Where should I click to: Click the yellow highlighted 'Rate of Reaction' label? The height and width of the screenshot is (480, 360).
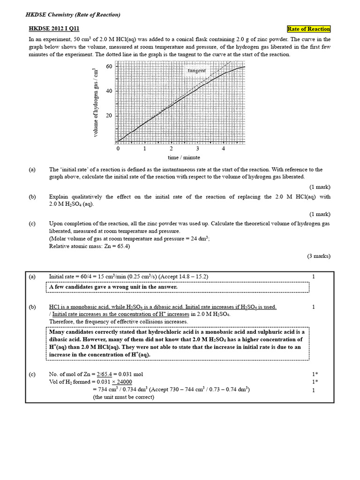click(x=308, y=29)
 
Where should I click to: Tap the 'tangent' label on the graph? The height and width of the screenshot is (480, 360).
click(x=196, y=71)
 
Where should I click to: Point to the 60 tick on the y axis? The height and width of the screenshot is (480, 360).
click(x=109, y=67)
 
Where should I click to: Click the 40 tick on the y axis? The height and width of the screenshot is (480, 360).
click(x=109, y=91)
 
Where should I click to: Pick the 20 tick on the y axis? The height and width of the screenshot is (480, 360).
click(x=109, y=116)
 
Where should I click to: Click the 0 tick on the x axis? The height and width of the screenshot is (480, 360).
click(x=118, y=148)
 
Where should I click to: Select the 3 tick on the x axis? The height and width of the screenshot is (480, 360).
click(x=197, y=148)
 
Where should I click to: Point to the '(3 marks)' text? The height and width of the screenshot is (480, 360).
click(x=319, y=256)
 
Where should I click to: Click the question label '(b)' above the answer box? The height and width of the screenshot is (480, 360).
click(x=32, y=197)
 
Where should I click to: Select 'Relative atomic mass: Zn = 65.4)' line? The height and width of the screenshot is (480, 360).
click(x=90, y=246)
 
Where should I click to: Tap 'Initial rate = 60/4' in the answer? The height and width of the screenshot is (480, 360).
click(x=75, y=277)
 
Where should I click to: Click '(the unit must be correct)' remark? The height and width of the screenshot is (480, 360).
click(x=123, y=397)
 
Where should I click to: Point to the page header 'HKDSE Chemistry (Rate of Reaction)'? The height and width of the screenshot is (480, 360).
click(x=73, y=15)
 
